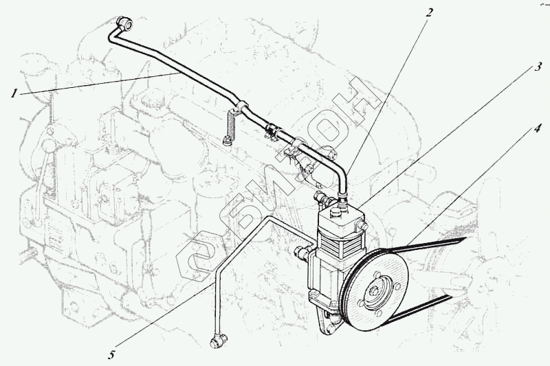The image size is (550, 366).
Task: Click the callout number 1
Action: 14,93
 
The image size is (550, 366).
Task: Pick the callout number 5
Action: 111,354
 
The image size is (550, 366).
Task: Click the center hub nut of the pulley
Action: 375,294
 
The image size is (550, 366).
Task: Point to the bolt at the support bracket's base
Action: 228,142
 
